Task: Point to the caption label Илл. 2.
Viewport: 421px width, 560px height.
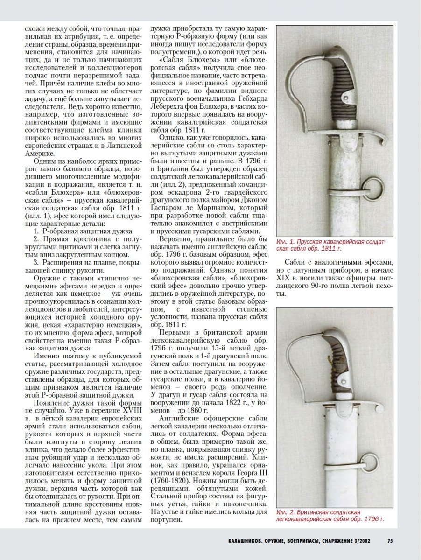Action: click(x=284, y=512)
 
